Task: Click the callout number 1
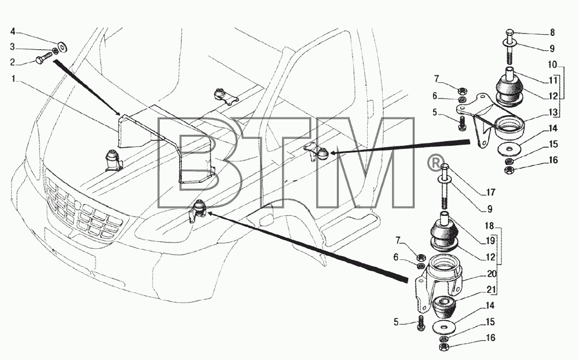[x=14, y=79]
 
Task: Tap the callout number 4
[x=13, y=31]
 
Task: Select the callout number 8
[x=552, y=32]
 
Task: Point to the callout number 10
[x=552, y=65]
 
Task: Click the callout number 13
[x=553, y=112]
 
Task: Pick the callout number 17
[x=490, y=192]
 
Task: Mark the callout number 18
[x=489, y=226]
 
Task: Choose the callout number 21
[x=491, y=290]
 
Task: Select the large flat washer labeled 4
[x=62, y=46]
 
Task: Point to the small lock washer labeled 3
[x=56, y=50]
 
